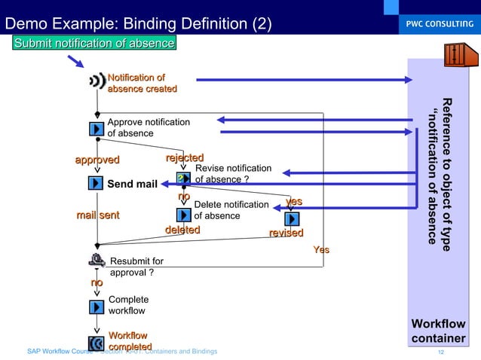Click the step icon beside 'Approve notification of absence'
tap(97, 128)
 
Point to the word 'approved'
tap(97, 160)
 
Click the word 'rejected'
tap(185, 157)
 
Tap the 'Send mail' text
tap(132, 184)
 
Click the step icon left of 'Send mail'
tap(96, 183)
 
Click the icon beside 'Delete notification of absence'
tap(182, 215)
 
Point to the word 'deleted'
tap(182, 230)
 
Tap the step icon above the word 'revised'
tap(293, 218)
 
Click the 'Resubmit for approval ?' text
tap(136, 267)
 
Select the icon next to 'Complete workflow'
tap(97, 307)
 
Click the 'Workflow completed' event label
tap(128, 340)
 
